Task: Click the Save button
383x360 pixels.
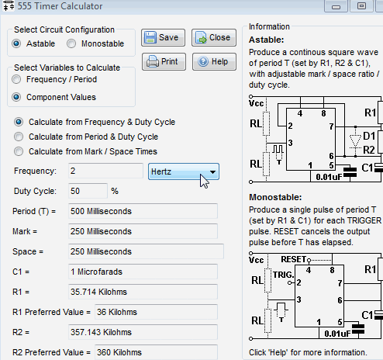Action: (x=163, y=37)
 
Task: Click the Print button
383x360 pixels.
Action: (x=164, y=61)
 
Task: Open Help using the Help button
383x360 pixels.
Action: (x=214, y=61)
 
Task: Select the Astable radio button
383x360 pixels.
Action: (x=16, y=43)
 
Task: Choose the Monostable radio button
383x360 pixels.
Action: (x=71, y=43)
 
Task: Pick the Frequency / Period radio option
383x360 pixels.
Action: (x=16, y=79)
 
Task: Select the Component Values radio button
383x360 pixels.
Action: (x=16, y=97)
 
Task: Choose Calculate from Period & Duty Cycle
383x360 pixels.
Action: (x=19, y=137)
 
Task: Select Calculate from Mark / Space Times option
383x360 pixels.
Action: (x=19, y=151)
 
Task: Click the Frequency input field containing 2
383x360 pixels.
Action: (x=105, y=171)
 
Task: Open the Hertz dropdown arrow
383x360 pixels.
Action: (x=212, y=171)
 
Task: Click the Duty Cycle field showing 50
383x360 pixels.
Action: (x=88, y=191)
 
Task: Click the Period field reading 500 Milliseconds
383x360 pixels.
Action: (x=143, y=211)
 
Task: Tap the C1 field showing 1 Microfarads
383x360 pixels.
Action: (x=143, y=272)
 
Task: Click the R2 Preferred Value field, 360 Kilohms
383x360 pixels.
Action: (x=156, y=352)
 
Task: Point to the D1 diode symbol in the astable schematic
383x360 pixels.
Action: (x=355, y=141)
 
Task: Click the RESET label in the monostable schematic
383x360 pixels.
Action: (x=293, y=259)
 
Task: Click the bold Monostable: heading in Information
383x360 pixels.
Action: (x=275, y=197)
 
